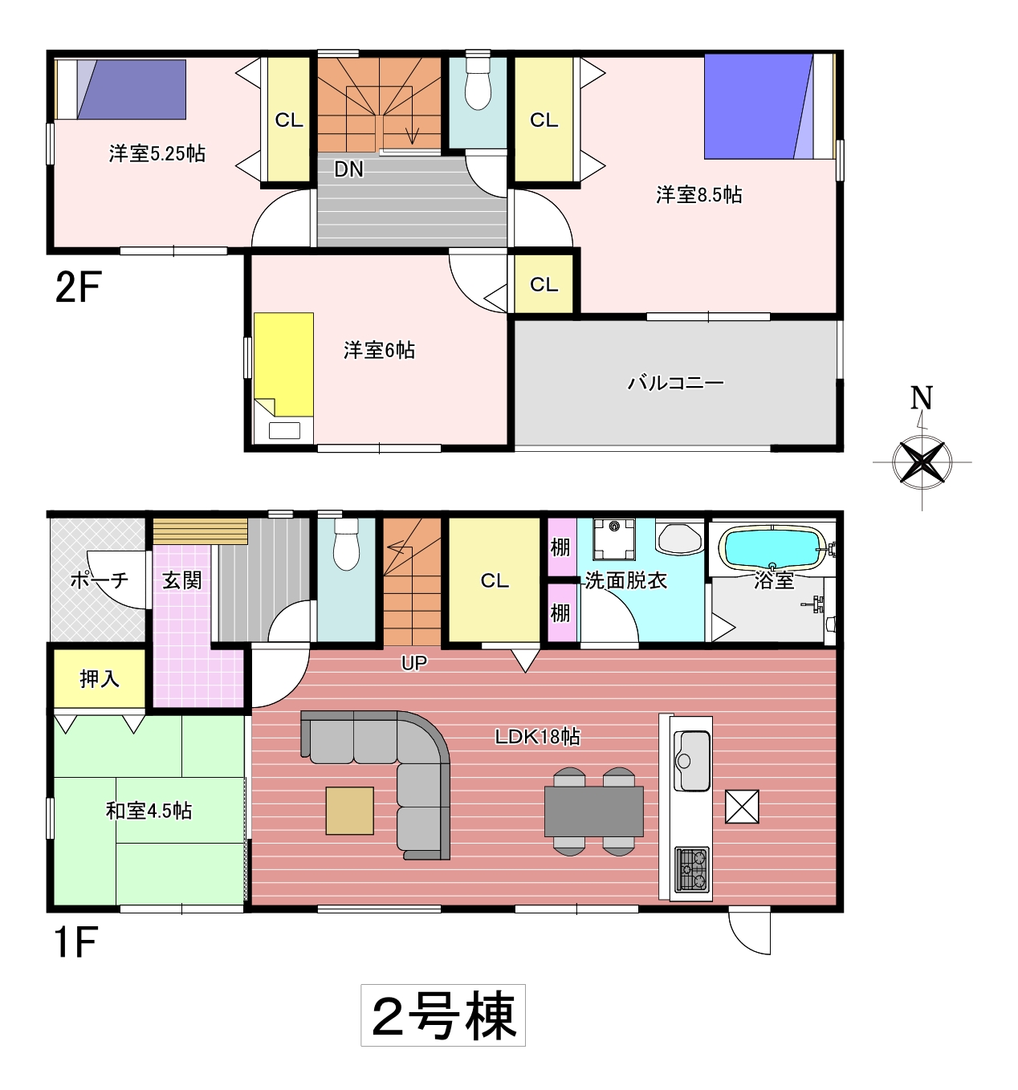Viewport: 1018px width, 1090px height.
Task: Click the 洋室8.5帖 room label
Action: pyautogui.click(x=698, y=195)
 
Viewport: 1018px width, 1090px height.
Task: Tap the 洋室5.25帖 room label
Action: pyautogui.click(x=157, y=153)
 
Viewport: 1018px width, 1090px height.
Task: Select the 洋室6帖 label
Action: pyautogui.click(x=379, y=350)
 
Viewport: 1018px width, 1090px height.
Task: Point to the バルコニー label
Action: pyautogui.click(x=675, y=383)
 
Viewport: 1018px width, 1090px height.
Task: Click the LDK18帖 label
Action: pyautogui.click(x=537, y=737)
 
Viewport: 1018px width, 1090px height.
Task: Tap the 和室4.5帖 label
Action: pyautogui.click(x=149, y=811)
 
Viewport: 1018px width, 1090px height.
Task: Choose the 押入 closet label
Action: pyautogui.click(x=100, y=679)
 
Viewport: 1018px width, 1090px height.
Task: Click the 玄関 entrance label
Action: pyautogui.click(x=181, y=580)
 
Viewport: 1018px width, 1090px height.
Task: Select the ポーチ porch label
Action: pyautogui.click(x=100, y=580)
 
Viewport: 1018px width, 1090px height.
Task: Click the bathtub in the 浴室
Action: pyautogui.click(x=772, y=548)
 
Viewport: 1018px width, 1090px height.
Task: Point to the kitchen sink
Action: pyautogui.click(x=692, y=761)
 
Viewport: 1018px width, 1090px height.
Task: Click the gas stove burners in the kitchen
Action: pyautogui.click(x=692, y=870)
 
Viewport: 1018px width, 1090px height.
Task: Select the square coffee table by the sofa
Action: pyautogui.click(x=350, y=811)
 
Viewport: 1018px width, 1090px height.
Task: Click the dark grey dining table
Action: pyautogui.click(x=593, y=811)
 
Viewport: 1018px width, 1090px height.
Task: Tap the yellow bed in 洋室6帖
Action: pyautogui.click(x=284, y=364)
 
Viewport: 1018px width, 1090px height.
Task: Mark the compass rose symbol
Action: pyautogui.click(x=922, y=462)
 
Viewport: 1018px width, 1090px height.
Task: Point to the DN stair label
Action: pyautogui.click(x=348, y=169)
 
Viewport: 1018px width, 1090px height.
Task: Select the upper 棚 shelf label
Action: pyautogui.click(x=560, y=547)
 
